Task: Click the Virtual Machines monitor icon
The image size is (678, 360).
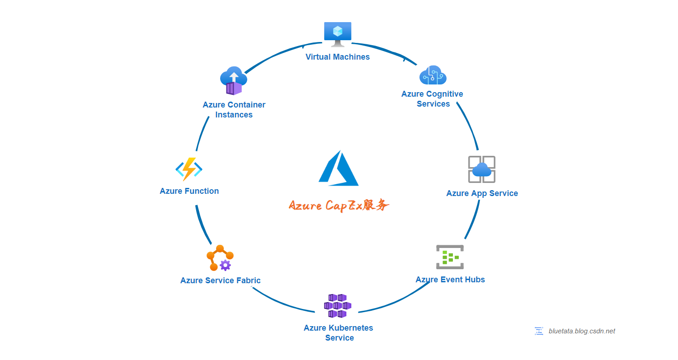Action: click(338, 33)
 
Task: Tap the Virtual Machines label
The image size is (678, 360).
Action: click(338, 57)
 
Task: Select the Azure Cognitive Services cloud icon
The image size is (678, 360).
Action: click(433, 75)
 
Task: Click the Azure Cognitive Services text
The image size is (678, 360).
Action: click(433, 99)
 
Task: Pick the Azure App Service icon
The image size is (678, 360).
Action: click(482, 169)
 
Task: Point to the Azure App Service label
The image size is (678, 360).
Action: click(482, 193)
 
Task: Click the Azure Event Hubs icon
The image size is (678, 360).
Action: click(450, 257)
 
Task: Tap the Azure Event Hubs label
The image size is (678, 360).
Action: click(450, 280)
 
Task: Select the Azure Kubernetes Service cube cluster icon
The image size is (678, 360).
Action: click(338, 306)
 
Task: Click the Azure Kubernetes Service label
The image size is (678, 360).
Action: click(339, 333)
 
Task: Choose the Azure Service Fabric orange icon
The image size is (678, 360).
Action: click(220, 258)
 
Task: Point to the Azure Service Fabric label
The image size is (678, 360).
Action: click(221, 281)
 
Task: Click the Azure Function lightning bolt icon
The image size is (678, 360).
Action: click(189, 169)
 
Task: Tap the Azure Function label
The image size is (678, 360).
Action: click(189, 191)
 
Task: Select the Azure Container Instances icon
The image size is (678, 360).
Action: click(234, 81)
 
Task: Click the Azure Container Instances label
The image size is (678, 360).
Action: click(234, 110)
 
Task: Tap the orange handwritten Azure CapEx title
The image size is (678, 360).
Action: click(339, 206)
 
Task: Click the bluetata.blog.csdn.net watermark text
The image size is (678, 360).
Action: click(582, 331)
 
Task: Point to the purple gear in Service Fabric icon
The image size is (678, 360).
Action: click(225, 265)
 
